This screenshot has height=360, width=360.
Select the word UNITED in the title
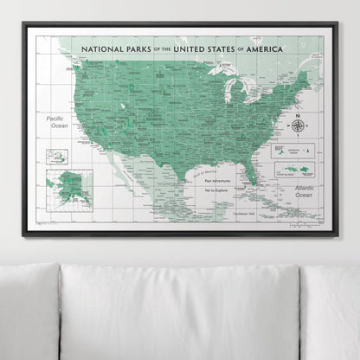(195, 49)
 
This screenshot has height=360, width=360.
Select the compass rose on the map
(298, 125)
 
